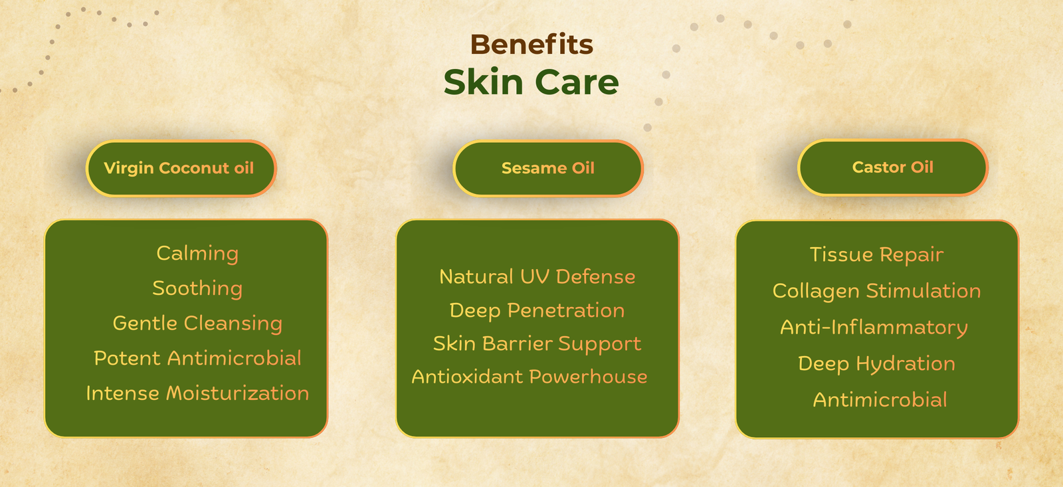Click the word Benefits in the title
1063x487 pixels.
(x=531, y=45)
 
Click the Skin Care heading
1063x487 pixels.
(x=531, y=82)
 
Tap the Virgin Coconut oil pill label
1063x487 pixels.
(x=179, y=168)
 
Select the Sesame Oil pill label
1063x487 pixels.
(x=547, y=168)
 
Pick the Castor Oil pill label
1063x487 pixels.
(x=892, y=167)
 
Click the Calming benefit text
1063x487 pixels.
(x=197, y=254)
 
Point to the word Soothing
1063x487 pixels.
(x=197, y=288)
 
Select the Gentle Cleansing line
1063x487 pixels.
(x=197, y=324)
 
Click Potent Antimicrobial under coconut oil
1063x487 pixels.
(x=197, y=358)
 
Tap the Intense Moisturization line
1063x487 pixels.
(x=197, y=393)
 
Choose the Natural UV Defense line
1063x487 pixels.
(x=537, y=276)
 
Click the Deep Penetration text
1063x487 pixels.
(x=537, y=310)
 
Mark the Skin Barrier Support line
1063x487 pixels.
(x=537, y=343)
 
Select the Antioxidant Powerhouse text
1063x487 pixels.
(x=529, y=377)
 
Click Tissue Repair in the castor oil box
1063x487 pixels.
(x=876, y=254)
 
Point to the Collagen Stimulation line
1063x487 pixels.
(x=876, y=291)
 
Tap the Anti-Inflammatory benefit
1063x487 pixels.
(x=874, y=328)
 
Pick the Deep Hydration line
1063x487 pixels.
(x=876, y=363)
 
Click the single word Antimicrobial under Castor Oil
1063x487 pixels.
(x=880, y=400)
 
